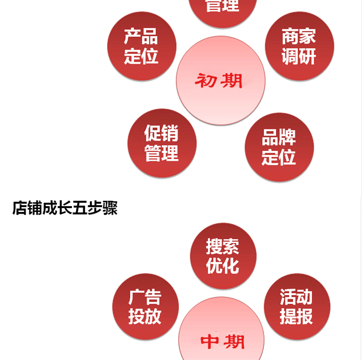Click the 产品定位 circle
tap(141, 46)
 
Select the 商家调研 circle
tap(299, 46)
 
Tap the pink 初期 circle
tap(220, 80)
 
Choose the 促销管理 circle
tap(162, 143)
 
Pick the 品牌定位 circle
tap(279, 147)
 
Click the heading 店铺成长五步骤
tap(65, 208)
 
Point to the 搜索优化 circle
tap(223, 256)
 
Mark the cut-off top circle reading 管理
tap(223, 10)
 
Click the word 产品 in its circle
tap(141, 37)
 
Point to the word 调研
tap(299, 56)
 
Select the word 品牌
tap(278, 138)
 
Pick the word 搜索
tap(223, 246)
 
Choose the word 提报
tap(296, 317)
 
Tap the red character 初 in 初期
tap(205, 81)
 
